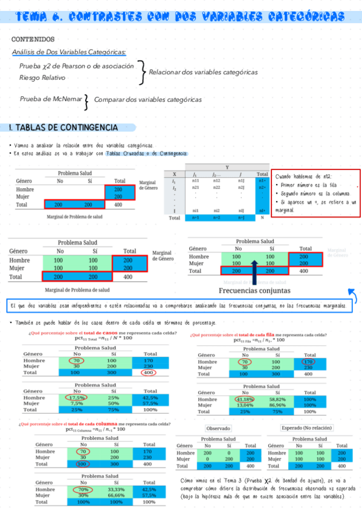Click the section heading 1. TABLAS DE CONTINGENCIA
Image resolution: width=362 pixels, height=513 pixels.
coord(63,128)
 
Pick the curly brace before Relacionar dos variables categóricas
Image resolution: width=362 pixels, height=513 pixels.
coord(141,71)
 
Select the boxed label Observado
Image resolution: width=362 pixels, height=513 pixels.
coord(218,428)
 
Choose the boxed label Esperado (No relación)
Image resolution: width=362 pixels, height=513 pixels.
coord(306,428)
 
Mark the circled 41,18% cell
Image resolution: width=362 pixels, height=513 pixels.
coord(245,399)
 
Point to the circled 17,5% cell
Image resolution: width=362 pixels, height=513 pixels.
coord(77,397)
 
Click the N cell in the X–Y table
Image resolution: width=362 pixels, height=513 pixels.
coord(262,217)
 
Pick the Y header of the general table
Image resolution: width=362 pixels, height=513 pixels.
coord(227,167)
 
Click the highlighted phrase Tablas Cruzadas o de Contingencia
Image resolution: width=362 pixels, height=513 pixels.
coord(146,154)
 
